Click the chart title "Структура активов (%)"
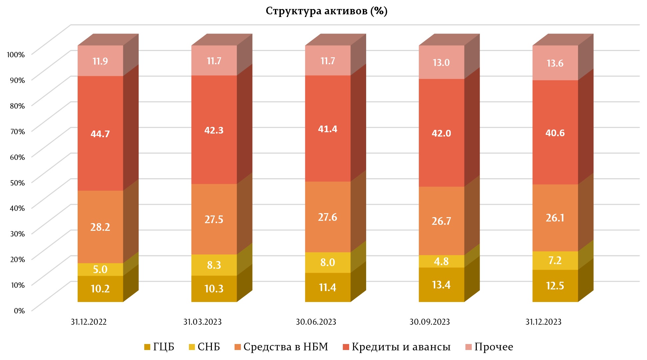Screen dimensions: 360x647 [x=326, y=11]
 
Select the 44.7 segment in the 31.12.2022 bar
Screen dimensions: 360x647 [x=100, y=134]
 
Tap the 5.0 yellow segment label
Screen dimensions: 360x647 [x=100, y=269]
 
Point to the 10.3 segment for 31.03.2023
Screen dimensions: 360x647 [x=214, y=288]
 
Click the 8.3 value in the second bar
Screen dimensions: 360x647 [x=214, y=265]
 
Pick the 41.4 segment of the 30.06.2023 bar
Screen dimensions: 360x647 [x=327, y=129]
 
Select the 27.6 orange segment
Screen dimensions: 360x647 [x=327, y=217]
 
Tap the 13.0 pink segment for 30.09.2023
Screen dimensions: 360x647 [x=441, y=63]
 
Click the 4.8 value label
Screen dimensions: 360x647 [x=441, y=261]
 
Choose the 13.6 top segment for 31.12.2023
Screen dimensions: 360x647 [x=555, y=63]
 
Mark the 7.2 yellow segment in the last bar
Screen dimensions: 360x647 [x=555, y=260]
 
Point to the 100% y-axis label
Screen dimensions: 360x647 [x=16, y=55]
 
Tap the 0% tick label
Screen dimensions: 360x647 [x=19, y=311]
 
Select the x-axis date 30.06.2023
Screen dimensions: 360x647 [x=316, y=322]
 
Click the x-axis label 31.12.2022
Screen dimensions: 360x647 [x=89, y=322]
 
